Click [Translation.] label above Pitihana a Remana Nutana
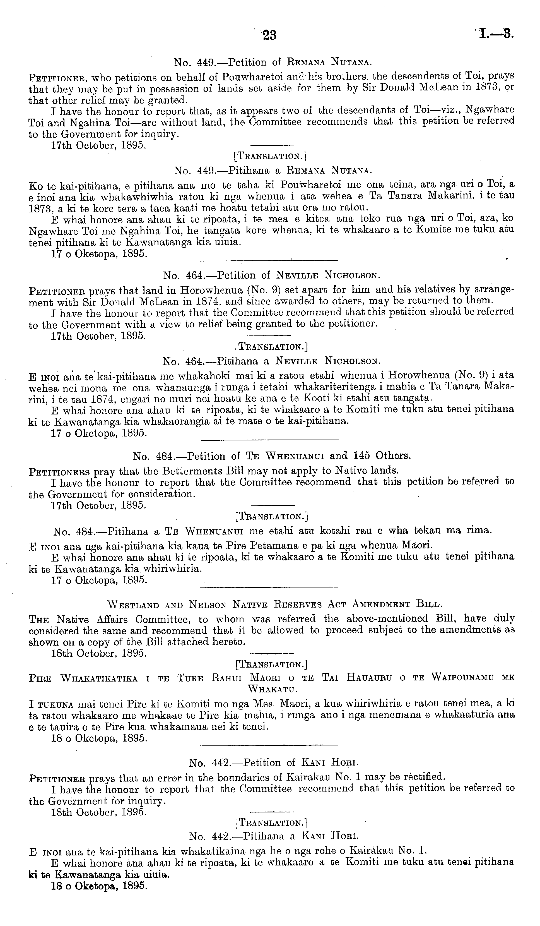(x=270, y=157)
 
